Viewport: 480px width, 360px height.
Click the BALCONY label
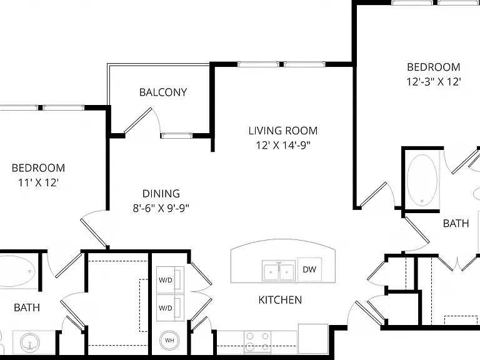163,92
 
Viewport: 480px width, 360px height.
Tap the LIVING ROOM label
283,131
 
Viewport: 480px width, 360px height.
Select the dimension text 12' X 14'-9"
283,145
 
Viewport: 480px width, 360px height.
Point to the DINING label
161,194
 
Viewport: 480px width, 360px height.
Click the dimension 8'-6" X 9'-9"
161,208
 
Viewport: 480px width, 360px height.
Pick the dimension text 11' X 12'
38,182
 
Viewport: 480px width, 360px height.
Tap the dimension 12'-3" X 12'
434,82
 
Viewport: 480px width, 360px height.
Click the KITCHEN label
280,300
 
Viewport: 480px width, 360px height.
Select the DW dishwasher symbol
309,269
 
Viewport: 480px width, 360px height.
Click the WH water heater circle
169,340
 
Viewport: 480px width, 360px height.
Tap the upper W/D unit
170,280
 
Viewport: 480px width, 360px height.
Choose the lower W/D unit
170,307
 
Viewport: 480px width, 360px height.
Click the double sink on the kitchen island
279,271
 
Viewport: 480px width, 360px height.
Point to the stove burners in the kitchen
257,341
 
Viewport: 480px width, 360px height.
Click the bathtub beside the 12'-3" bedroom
422,180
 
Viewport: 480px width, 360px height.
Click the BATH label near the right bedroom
456,224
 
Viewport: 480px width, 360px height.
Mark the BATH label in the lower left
27,307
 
